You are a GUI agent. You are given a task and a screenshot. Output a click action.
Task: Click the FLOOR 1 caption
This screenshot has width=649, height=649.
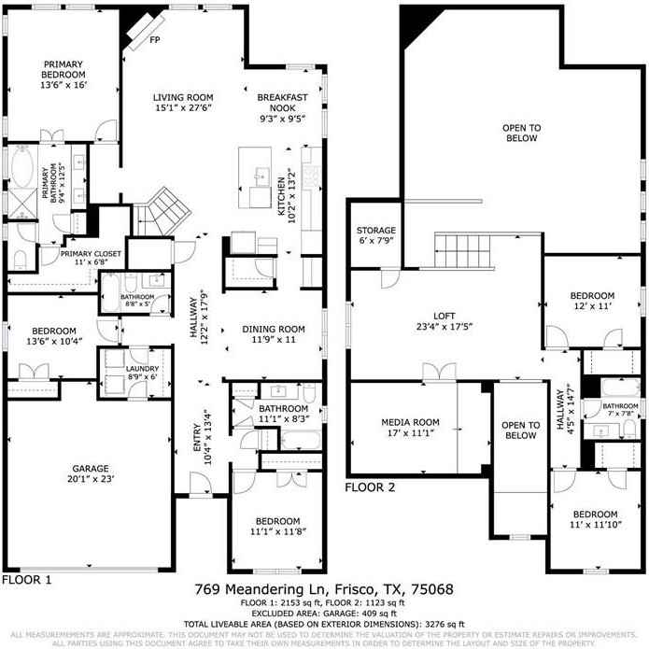pos(26,579)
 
